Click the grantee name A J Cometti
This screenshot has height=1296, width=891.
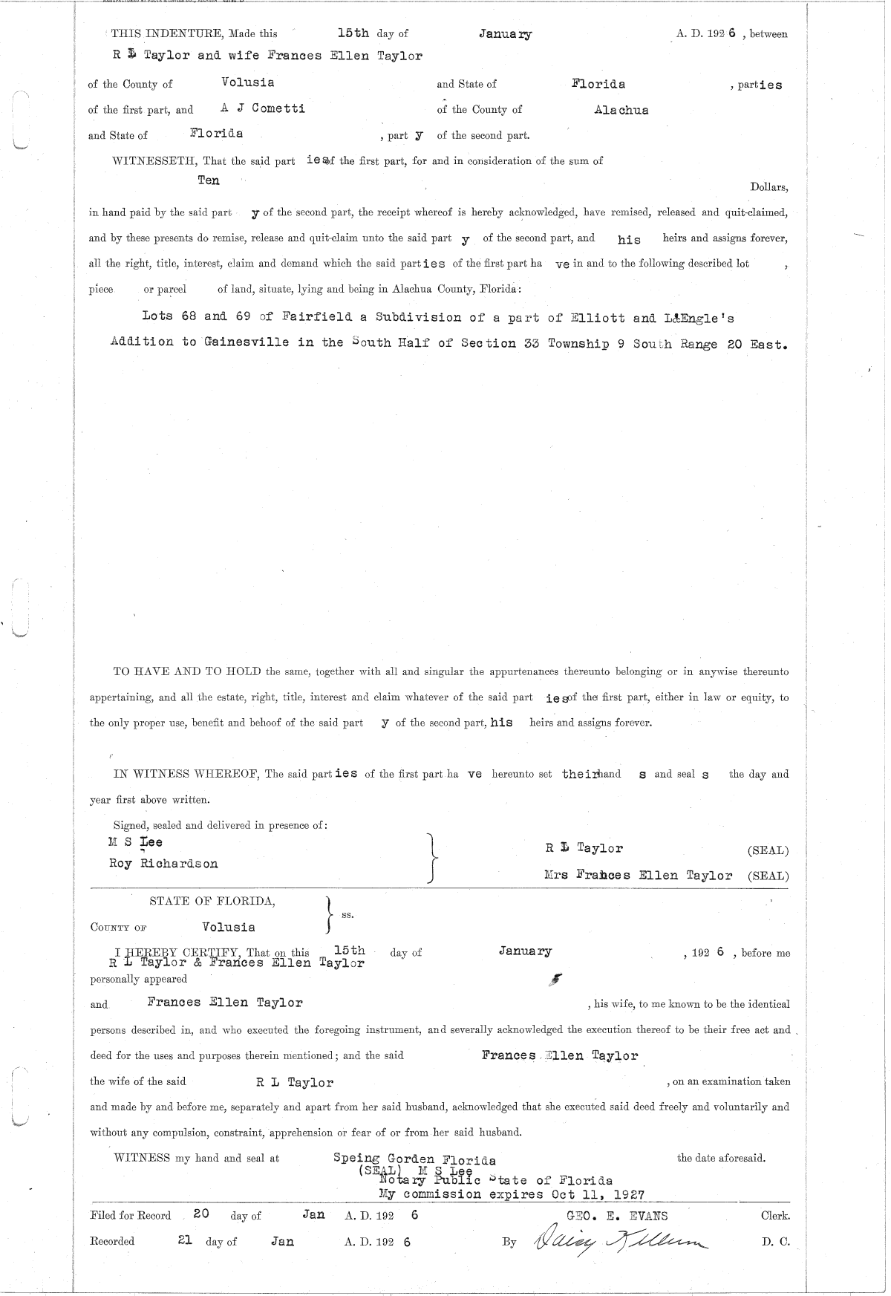(x=263, y=108)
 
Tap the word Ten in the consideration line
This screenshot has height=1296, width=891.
(x=209, y=180)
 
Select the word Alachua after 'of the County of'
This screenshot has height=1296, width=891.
(x=621, y=110)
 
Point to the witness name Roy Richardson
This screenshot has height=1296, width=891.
(x=163, y=864)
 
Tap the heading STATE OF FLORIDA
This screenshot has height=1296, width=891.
(x=212, y=902)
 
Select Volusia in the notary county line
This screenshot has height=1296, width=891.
(x=229, y=927)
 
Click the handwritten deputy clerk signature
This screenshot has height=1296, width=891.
(x=616, y=1241)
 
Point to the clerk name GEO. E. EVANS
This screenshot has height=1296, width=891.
(x=616, y=1216)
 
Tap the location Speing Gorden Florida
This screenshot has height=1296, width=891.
(x=415, y=1159)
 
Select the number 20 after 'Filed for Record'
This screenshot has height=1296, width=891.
(x=200, y=1215)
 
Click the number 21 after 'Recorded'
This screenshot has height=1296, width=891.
(x=186, y=1240)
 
